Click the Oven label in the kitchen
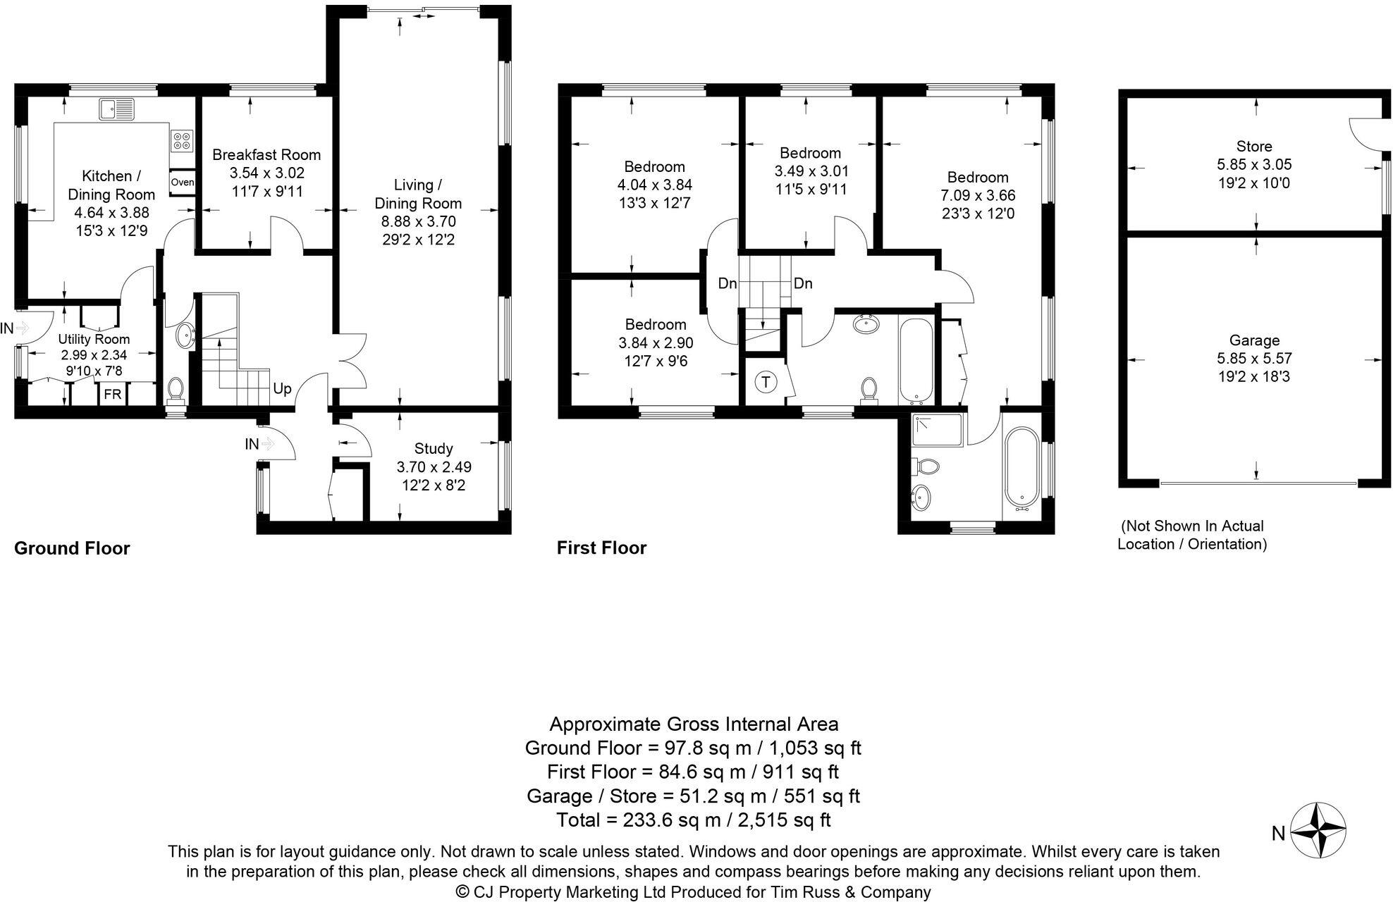pyautogui.click(x=182, y=183)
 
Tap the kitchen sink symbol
pyautogui.click(x=117, y=109)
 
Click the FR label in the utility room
pyautogui.click(x=112, y=395)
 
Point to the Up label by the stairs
pyautogui.click(x=282, y=389)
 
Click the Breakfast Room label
pyautogui.click(x=266, y=155)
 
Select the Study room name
pyautogui.click(x=434, y=448)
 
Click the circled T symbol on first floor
pyautogui.click(x=765, y=383)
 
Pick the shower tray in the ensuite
pyautogui.click(x=938, y=430)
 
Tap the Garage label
pyautogui.click(x=1254, y=340)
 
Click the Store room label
pyautogui.click(x=1254, y=147)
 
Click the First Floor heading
pyautogui.click(x=601, y=548)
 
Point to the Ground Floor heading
pyautogui.click(x=72, y=548)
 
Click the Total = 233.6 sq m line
pyautogui.click(x=693, y=820)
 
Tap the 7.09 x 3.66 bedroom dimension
pyautogui.click(x=978, y=195)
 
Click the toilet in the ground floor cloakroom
pyautogui.click(x=175, y=390)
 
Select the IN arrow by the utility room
pyautogui.click(x=21, y=328)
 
